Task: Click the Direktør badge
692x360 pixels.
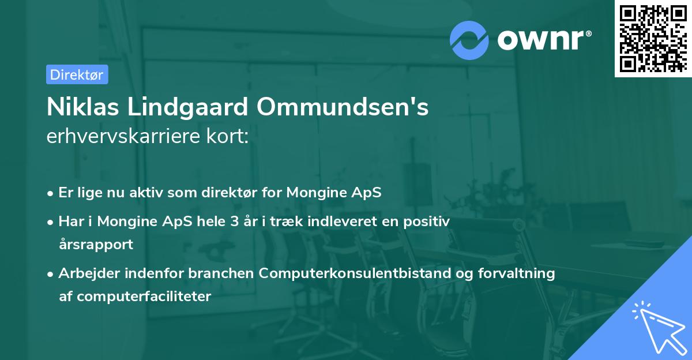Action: [x=77, y=74]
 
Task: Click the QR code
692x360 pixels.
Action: [x=652, y=38]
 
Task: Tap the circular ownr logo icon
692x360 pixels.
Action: [x=469, y=40]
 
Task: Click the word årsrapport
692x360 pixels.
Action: [x=96, y=244]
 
